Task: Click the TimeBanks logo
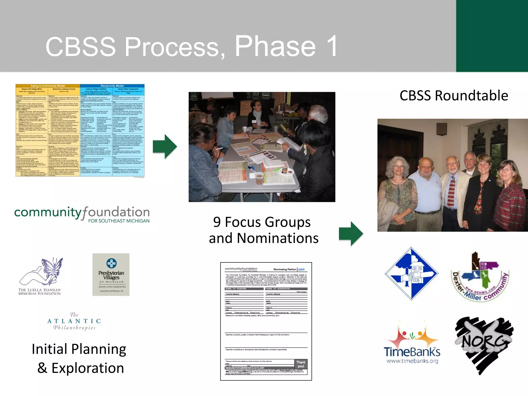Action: coord(412,343)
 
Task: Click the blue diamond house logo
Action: coord(411,274)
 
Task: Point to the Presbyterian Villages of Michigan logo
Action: coord(111,275)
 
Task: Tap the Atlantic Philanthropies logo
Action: coord(74,321)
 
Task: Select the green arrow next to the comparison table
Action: coord(165,147)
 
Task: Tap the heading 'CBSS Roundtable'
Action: coord(454,96)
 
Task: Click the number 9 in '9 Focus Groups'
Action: coord(217,222)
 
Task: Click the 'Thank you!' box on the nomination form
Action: coord(301,364)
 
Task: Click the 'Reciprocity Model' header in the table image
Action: coord(112,86)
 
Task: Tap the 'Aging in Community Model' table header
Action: coord(48,86)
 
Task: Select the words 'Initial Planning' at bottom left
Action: coord(79,349)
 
